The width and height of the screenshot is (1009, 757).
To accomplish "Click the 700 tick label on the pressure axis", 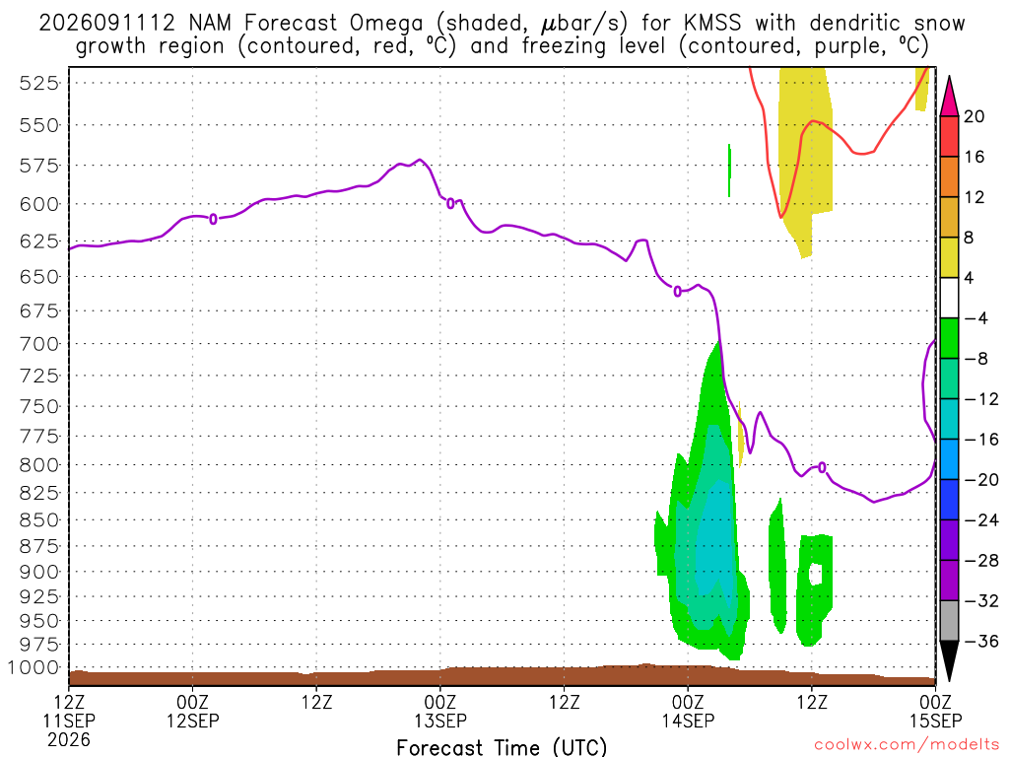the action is (39, 344).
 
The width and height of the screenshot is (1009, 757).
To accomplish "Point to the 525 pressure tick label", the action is (39, 84).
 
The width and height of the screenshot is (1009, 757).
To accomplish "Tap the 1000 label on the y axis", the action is (34, 667).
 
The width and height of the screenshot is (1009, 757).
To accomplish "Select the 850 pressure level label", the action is (39, 519).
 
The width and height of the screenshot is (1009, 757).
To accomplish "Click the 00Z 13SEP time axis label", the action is (440, 711).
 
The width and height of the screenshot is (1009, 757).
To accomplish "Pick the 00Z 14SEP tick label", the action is (688, 711).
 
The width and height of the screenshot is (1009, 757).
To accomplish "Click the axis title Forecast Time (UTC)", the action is (502, 747).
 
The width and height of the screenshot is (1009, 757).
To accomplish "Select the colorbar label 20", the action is (974, 116).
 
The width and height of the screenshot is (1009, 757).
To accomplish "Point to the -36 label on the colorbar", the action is (980, 641).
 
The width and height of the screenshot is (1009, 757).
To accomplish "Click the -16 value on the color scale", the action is (980, 439).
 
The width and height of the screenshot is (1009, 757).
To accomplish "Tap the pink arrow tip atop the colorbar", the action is (949, 77).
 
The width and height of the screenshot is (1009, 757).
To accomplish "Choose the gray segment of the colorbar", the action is (949, 621).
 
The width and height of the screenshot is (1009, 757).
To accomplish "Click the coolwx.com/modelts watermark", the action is (907, 745).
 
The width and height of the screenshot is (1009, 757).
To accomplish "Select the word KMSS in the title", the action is (712, 24).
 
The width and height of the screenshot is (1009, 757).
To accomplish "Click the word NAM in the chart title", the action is (210, 24).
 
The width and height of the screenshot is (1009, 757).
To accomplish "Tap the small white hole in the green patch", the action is (816, 573).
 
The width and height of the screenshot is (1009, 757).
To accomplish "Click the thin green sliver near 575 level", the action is (729, 171).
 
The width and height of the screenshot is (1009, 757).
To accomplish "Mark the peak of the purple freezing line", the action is (420, 159).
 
